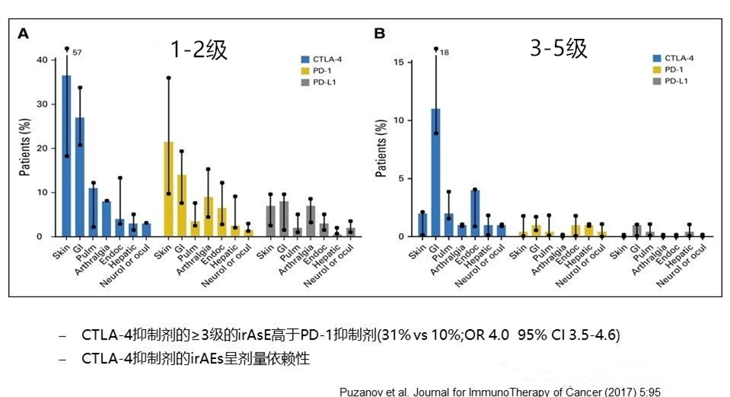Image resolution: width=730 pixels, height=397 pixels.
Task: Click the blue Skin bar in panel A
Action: [66, 155]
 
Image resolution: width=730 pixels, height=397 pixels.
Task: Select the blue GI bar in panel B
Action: [435, 172]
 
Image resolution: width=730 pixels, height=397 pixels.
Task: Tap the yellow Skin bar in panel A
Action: [168, 189]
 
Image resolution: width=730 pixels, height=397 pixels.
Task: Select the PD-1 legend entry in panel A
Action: [316, 71]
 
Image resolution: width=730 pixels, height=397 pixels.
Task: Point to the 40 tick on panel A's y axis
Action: [54, 59]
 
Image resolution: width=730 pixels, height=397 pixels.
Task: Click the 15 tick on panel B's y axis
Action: [410, 62]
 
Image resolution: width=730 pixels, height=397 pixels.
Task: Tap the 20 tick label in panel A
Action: [43, 148]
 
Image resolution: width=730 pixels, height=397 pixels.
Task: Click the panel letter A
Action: [23, 34]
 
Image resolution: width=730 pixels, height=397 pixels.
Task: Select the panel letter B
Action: [379, 34]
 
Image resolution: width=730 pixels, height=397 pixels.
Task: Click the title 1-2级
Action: [199, 49]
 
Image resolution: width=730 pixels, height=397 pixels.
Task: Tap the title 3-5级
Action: [559, 48]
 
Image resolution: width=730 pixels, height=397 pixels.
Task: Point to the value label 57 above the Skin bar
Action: [78, 53]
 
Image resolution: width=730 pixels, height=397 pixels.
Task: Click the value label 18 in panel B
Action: [445, 53]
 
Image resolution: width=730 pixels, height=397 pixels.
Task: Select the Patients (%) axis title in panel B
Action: [381, 148]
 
